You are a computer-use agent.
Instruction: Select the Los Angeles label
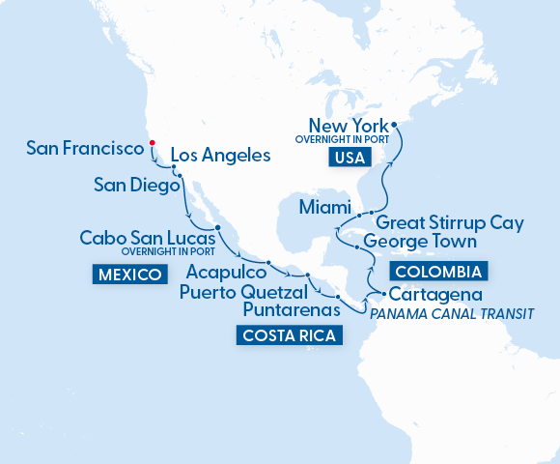click(x=219, y=155)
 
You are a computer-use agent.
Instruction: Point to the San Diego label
click(x=137, y=184)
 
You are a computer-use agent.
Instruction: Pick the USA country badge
click(x=351, y=159)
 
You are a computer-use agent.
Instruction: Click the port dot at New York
click(x=394, y=123)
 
